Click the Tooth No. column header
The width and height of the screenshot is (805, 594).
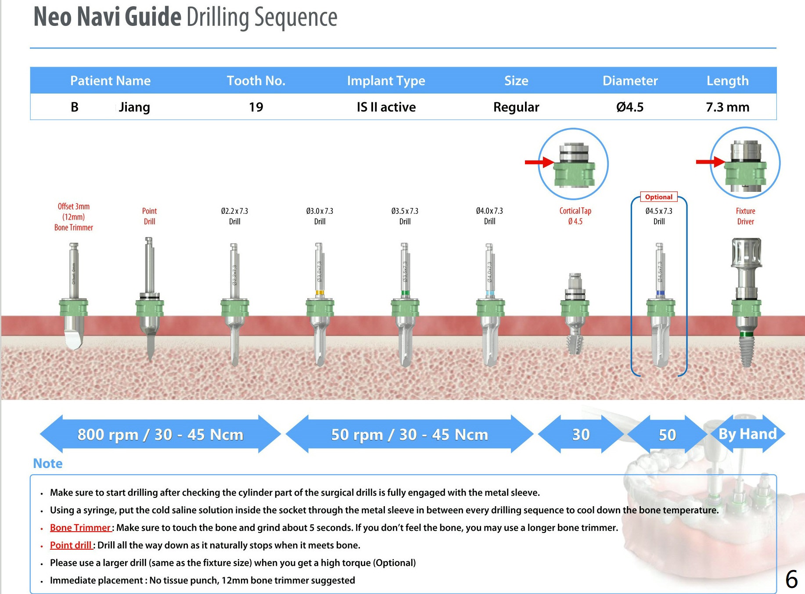click(256, 81)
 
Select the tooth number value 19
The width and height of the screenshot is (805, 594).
click(256, 107)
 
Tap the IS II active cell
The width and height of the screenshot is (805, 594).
click(386, 107)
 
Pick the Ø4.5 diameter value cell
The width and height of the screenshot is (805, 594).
click(630, 107)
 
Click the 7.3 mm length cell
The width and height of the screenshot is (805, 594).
click(727, 107)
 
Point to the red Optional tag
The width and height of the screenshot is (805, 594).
click(658, 197)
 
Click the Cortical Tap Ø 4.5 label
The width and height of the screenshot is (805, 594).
click(575, 216)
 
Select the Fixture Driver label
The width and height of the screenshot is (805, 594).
click(745, 216)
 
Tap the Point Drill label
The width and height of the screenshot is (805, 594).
click(149, 216)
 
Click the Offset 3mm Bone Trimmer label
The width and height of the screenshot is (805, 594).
click(74, 217)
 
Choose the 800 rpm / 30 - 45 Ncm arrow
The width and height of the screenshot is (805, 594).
click(160, 434)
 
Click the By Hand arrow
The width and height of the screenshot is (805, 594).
click(747, 434)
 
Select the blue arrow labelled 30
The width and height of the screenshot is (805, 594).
click(581, 434)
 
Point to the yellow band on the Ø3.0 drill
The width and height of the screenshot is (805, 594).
click(320, 292)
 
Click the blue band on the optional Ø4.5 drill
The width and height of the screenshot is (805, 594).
click(660, 293)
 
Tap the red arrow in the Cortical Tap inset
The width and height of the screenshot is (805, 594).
click(539, 162)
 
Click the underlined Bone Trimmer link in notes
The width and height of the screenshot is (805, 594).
click(80, 528)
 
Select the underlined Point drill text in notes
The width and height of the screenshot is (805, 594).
click(71, 545)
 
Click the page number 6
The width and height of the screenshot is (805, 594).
click(791, 580)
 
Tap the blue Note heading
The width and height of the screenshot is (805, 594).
click(48, 464)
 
